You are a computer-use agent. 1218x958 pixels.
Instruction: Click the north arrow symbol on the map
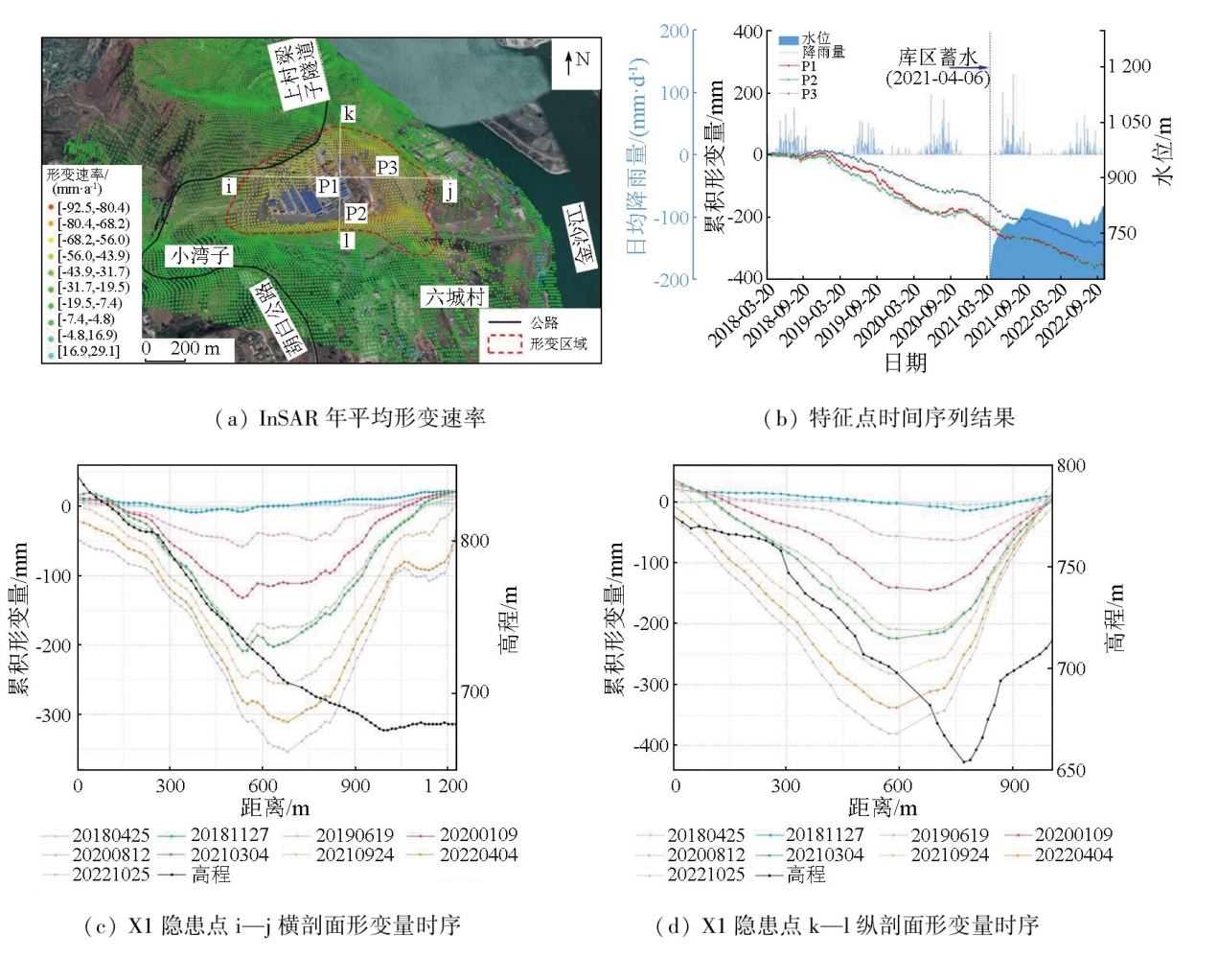(x=569, y=62)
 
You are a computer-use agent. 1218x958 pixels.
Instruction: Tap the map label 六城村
(x=455, y=297)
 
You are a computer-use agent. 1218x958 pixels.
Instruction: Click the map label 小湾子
(x=199, y=256)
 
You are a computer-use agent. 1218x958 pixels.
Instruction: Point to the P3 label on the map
(x=386, y=168)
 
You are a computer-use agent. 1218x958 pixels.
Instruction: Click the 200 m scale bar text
(x=195, y=348)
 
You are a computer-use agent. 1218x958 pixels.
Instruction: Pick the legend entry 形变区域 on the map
(x=558, y=343)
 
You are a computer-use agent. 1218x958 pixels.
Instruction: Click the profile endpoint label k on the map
(x=349, y=114)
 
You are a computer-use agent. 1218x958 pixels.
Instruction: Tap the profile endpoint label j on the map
(x=448, y=190)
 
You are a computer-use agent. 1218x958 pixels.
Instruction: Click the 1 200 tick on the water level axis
(x=1130, y=66)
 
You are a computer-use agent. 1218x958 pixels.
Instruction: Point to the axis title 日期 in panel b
(x=905, y=362)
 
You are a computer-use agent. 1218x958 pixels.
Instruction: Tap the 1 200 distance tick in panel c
(x=446, y=786)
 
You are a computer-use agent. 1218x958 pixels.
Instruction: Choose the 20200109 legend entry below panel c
(x=477, y=835)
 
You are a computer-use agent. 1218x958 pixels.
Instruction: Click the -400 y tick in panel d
(x=651, y=746)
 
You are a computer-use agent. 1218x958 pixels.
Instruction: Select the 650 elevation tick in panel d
(x=1071, y=771)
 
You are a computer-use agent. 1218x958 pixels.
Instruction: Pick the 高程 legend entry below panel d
(x=805, y=875)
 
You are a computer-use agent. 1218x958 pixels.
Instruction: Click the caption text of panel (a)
(x=350, y=418)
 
